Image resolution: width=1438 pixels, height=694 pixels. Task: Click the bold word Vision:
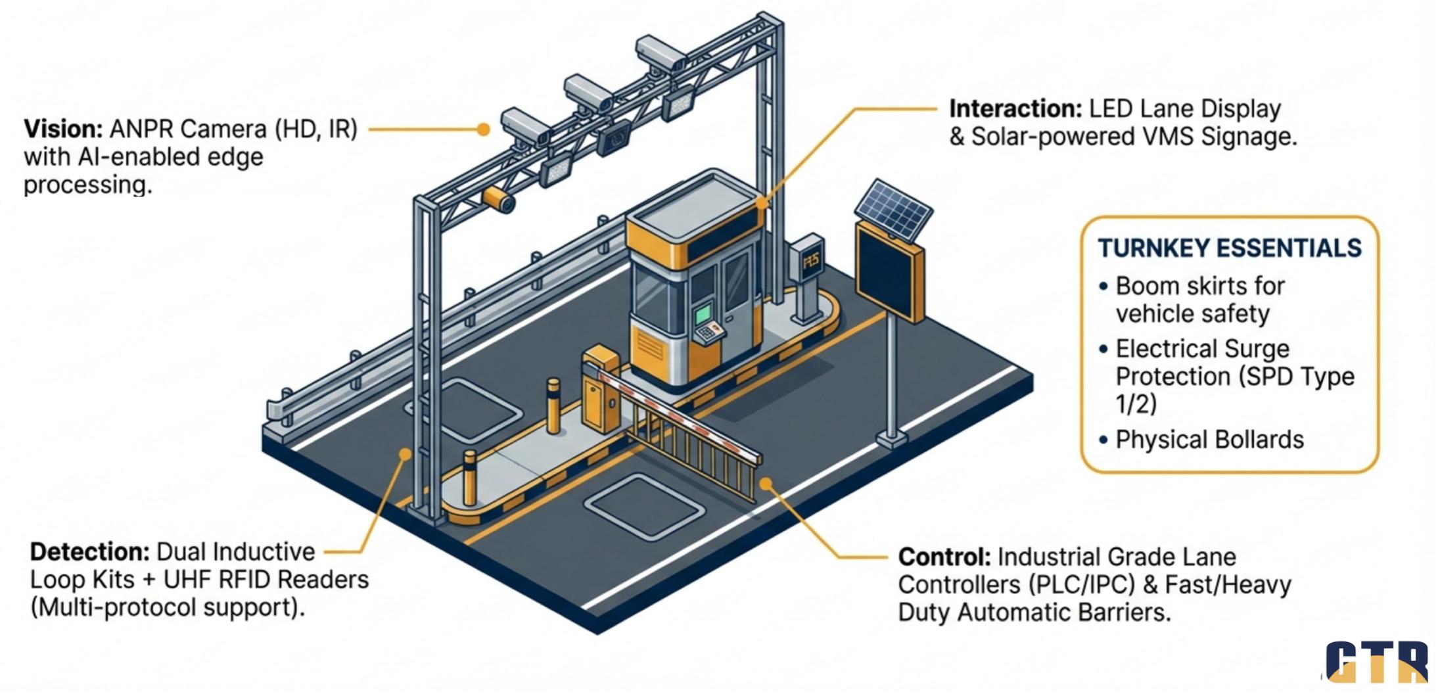click(x=63, y=129)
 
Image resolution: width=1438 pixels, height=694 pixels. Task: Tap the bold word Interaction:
click(x=1015, y=109)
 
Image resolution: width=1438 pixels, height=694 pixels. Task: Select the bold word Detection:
click(x=89, y=552)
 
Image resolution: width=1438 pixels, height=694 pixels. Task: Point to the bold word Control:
click(x=944, y=557)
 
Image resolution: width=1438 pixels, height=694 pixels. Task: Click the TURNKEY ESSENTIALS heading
click(x=1228, y=248)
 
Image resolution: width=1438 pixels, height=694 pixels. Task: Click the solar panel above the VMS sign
click(x=893, y=210)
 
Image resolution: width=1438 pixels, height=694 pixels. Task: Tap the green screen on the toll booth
click(x=705, y=313)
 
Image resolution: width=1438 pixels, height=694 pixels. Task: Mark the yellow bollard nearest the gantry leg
click(x=469, y=478)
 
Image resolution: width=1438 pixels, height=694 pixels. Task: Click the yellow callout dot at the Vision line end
click(x=484, y=129)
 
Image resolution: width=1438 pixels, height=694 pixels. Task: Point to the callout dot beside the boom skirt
click(x=766, y=484)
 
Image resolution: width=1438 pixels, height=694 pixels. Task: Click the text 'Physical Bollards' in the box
click(x=1209, y=440)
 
